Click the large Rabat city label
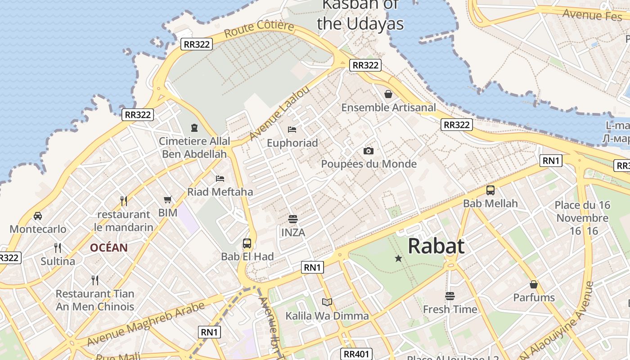click(436, 246)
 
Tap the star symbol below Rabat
click(398, 258)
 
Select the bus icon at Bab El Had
click(247, 243)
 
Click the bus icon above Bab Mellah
click(490, 190)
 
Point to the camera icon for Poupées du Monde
click(369, 151)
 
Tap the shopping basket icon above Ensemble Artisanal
click(388, 94)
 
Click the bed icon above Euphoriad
click(292, 130)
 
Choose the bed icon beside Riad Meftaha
click(220, 179)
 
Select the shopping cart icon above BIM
click(168, 199)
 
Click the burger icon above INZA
click(293, 219)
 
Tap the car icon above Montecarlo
click(38, 216)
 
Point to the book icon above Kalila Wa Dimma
click(327, 302)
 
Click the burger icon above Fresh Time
click(450, 296)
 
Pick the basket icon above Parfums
click(534, 284)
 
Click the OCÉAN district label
click(108, 247)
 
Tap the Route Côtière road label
click(259, 29)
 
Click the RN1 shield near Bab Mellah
click(551, 161)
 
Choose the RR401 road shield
click(356, 354)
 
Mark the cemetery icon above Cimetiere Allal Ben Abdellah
click(194, 128)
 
